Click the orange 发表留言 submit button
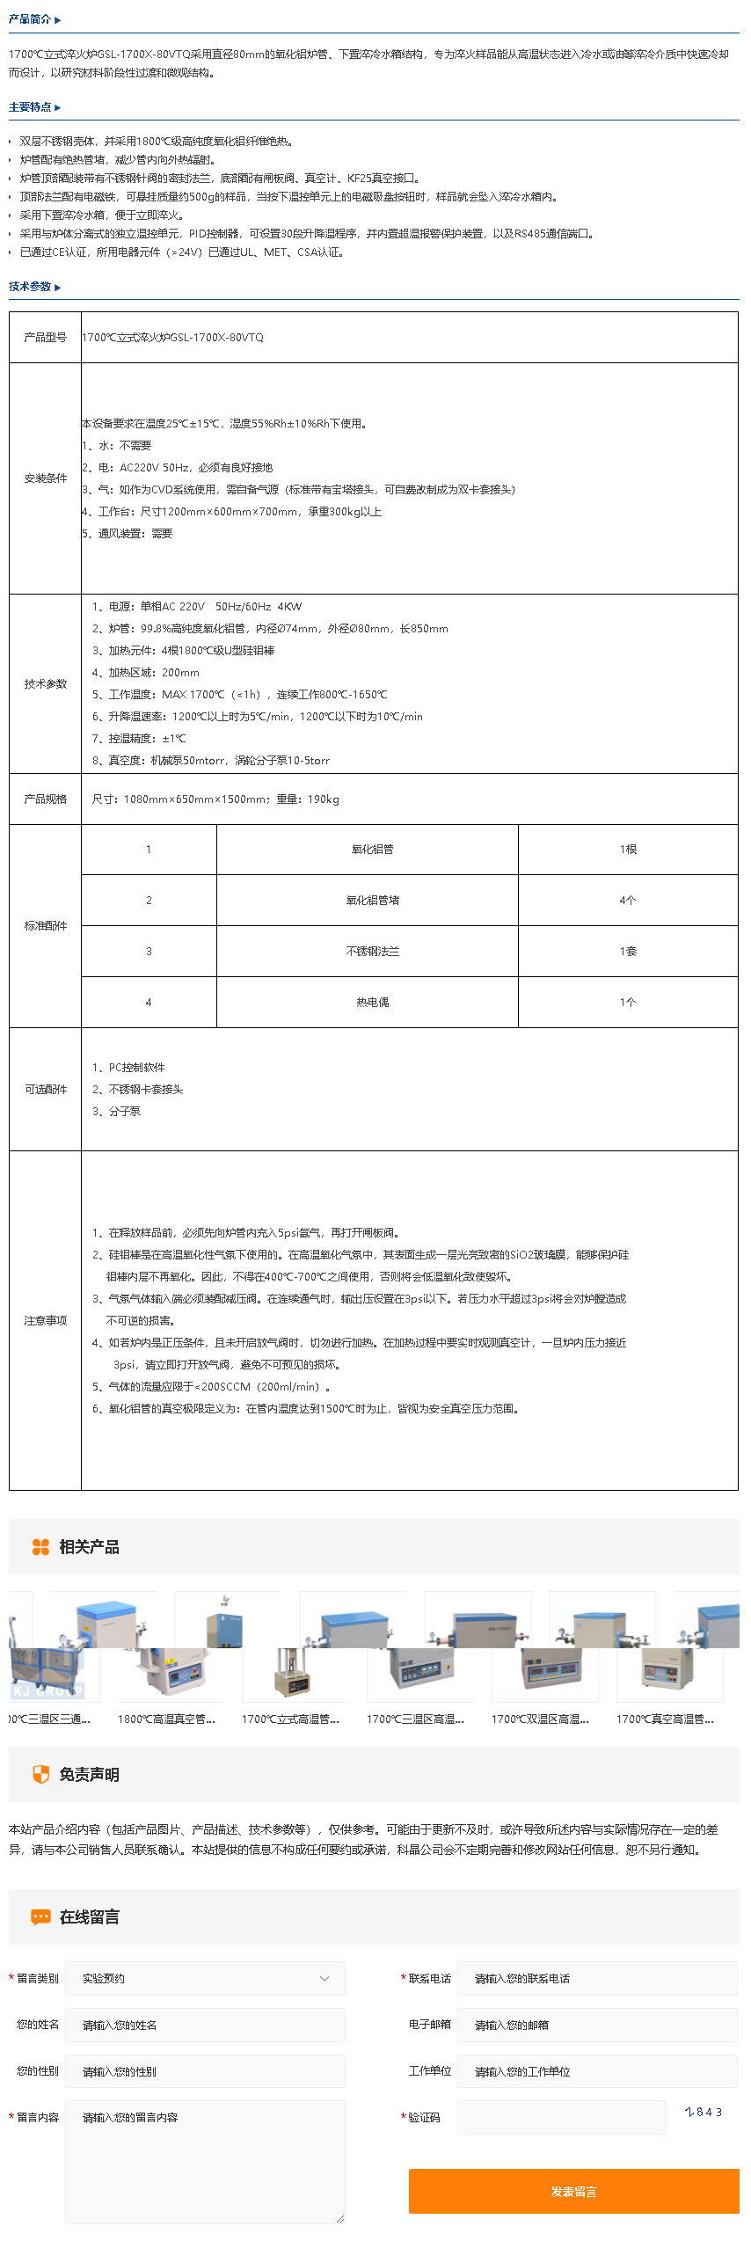[x=573, y=2191]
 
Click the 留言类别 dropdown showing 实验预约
[x=205, y=1978]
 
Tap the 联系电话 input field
[x=597, y=1978]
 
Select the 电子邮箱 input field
[x=597, y=2025]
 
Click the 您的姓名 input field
[x=205, y=2025]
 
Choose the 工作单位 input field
[x=597, y=2071]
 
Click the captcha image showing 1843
[x=704, y=2112]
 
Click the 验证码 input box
[x=561, y=2117]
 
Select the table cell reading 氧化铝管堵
[x=372, y=901]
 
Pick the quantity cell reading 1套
[x=627, y=952]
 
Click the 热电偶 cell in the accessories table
[x=372, y=1003]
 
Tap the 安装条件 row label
[x=46, y=478]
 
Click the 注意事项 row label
[x=46, y=1321]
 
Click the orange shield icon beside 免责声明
[x=40, y=1774]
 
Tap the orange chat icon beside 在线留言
[x=40, y=1916]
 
